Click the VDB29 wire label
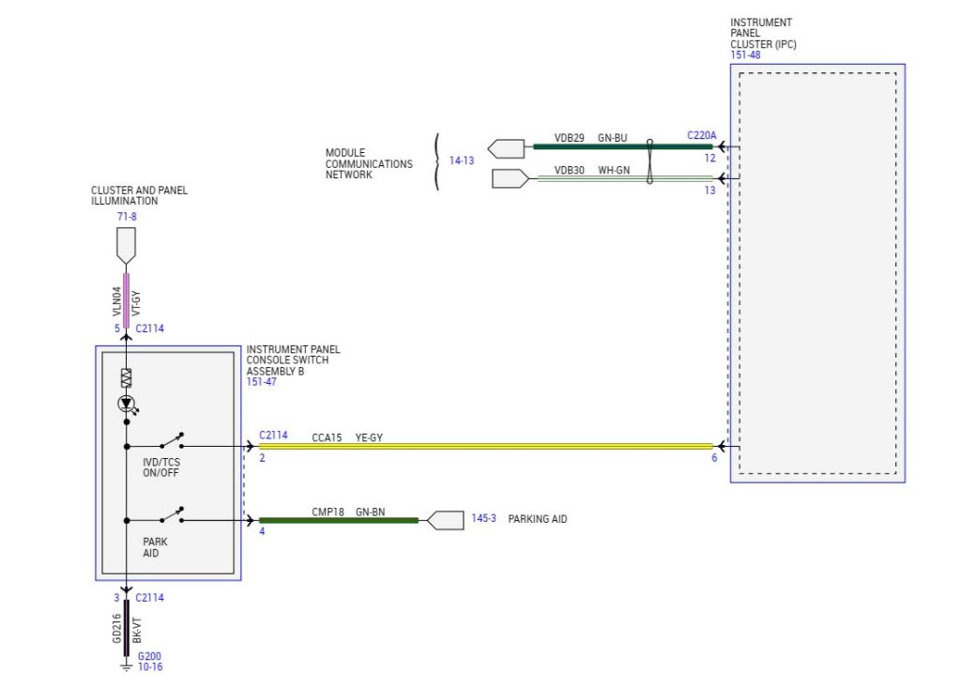point(569,138)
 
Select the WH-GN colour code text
point(614,171)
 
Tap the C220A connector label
point(701,135)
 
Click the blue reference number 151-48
point(745,55)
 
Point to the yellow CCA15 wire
point(488,446)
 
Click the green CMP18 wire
point(338,520)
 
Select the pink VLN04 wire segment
point(126,295)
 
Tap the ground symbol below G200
point(126,667)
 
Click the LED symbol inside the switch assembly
point(126,404)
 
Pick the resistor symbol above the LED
point(126,378)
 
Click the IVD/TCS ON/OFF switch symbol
point(171,440)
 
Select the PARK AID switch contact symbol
point(171,514)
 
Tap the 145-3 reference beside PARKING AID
point(483,519)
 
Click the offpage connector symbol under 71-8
point(126,247)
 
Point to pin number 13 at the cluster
point(710,191)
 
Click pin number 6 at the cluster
point(714,458)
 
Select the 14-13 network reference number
point(462,161)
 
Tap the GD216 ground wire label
point(116,628)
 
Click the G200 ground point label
point(148,657)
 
